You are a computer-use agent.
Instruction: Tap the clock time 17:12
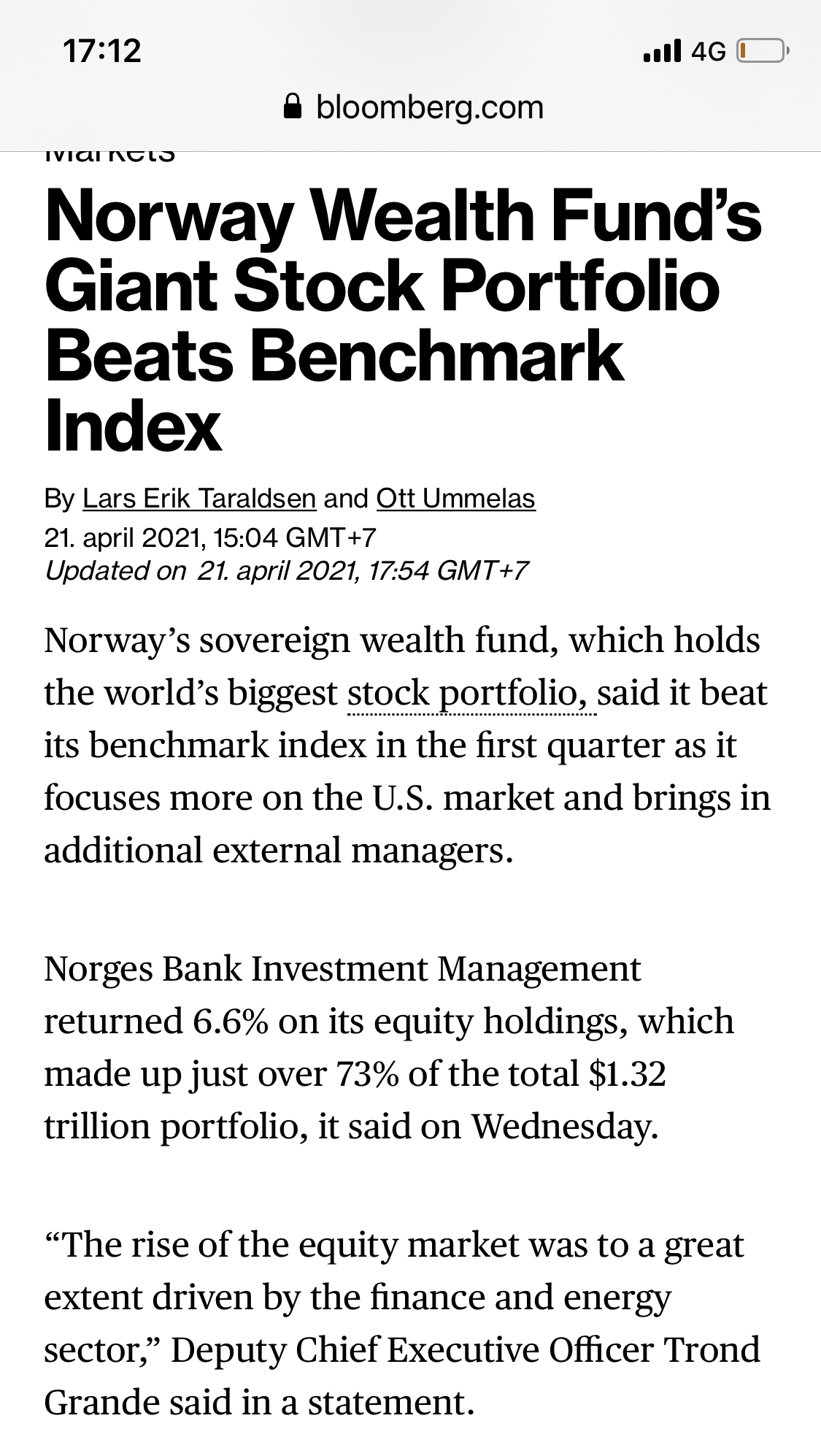point(102,51)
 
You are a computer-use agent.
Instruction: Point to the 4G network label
point(708,51)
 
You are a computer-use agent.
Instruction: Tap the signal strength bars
point(663,51)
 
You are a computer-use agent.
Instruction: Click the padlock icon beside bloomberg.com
point(293,107)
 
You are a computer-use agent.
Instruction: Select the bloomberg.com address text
point(430,107)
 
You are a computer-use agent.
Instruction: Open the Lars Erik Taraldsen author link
point(199,498)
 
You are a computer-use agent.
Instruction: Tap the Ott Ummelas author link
point(455,498)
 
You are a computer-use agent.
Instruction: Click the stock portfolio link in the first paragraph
point(466,693)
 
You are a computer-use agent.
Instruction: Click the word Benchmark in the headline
point(437,356)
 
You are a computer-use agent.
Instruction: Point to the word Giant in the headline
point(132,286)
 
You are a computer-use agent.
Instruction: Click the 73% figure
point(367,1073)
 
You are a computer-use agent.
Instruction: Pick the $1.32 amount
point(627,1073)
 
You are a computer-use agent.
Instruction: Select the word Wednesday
point(564,1126)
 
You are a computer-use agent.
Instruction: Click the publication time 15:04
point(246,537)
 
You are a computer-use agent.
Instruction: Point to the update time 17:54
point(400,570)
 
